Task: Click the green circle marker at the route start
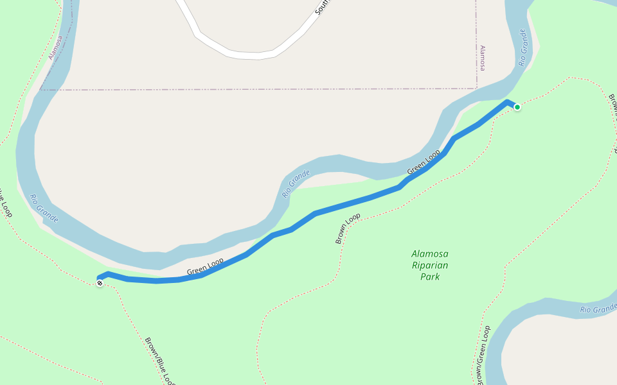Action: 517,107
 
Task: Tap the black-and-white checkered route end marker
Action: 100,283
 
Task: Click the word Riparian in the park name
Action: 430,265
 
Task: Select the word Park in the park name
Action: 430,277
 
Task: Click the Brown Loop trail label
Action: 348,229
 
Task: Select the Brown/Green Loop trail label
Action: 483,354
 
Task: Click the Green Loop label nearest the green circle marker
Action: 424,162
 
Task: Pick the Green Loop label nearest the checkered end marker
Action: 205,267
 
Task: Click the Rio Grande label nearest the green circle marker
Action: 523,47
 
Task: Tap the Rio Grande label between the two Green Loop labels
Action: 296,183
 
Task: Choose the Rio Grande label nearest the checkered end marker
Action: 44,209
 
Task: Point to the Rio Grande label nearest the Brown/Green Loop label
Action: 598,309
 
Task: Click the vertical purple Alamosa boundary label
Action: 483,58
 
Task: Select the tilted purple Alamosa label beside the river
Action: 56,47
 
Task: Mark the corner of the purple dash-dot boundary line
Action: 476,89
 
